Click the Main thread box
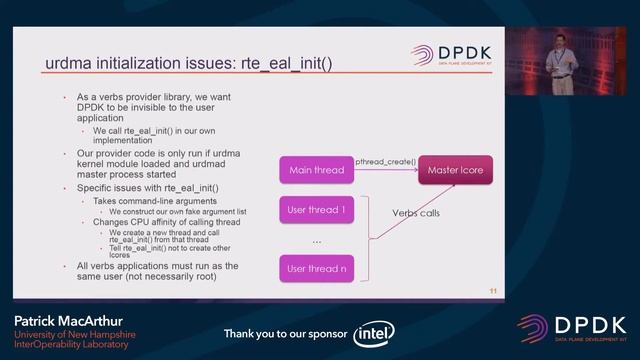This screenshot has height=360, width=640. click(316, 170)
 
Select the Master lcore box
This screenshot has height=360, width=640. click(455, 170)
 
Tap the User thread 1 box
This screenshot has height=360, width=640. click(316, 210)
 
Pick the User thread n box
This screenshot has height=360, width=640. click(316, 268)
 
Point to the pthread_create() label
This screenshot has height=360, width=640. click(385, 160)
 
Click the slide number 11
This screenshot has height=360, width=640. click(493, 291)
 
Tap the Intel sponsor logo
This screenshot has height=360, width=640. click(374, 333)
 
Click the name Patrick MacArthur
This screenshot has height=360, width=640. click(63, 321)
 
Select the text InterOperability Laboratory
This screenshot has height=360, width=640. click(71, 345)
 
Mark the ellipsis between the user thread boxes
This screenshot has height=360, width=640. click(316, 241)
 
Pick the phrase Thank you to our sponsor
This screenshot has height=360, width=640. click(285, 333)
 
